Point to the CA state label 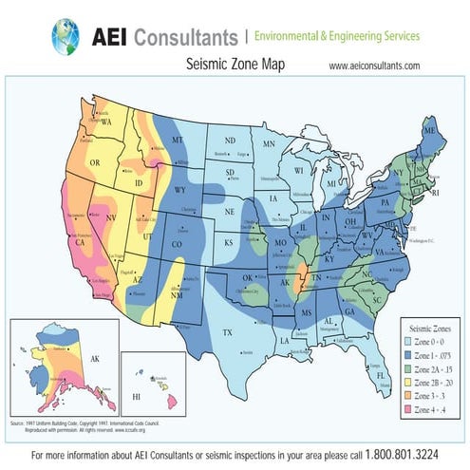pos(80,242)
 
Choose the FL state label pos(381,375)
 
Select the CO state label pos(177,244)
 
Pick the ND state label pos(231,140)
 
